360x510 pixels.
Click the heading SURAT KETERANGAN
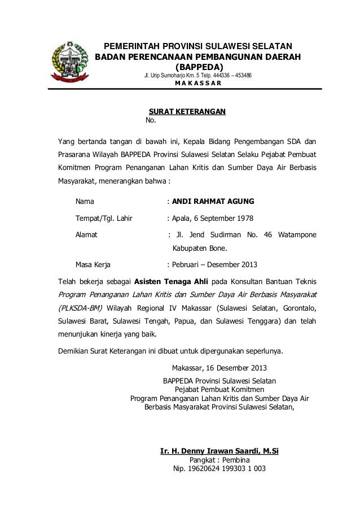click(186, 111)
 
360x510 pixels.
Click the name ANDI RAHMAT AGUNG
click(213, 200)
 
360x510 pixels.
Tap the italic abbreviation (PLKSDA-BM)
click(78, 308)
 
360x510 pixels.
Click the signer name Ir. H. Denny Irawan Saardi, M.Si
click(219, 451)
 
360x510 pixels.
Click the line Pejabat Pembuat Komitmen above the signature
click(219, 389)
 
